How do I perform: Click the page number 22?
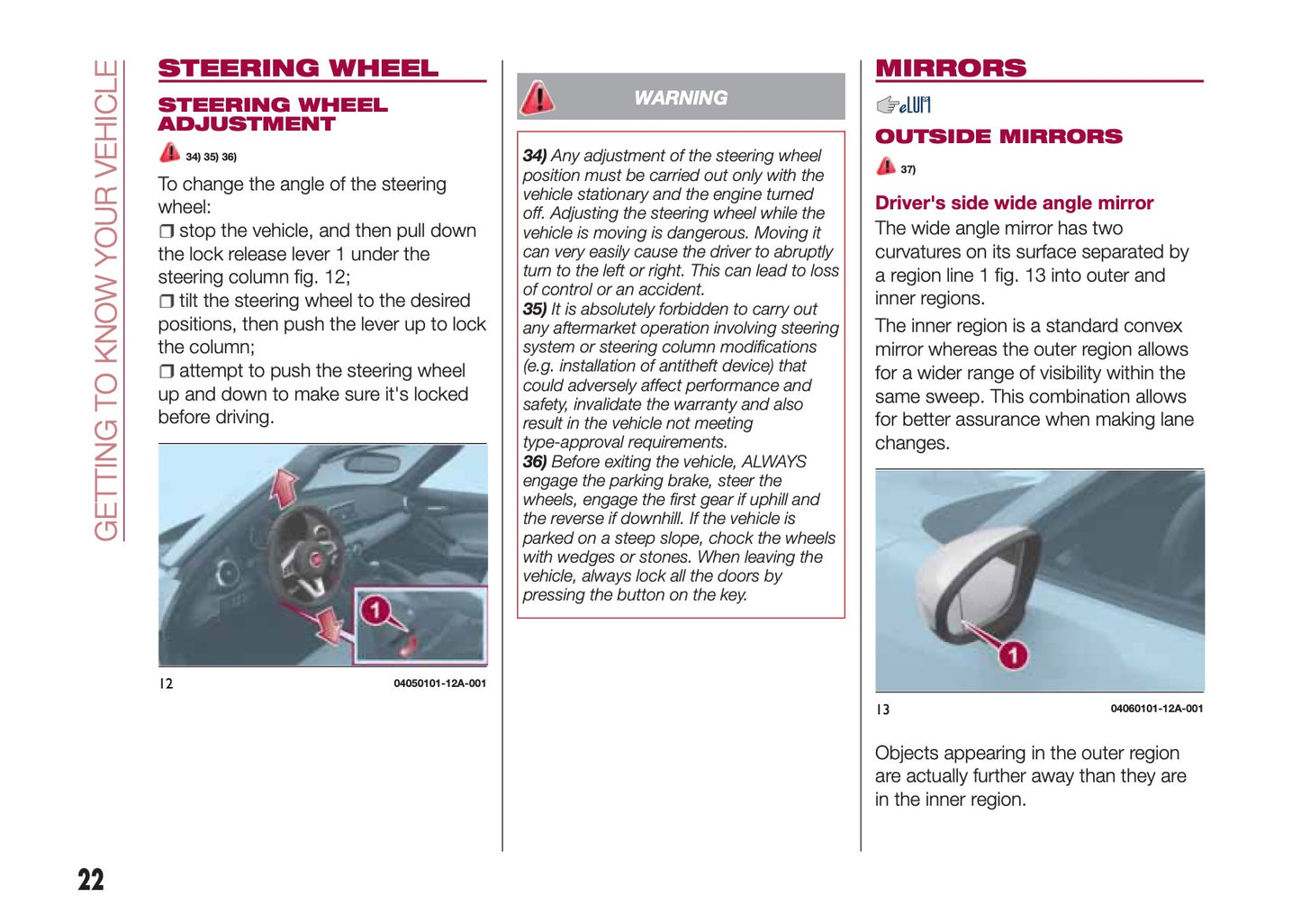click(91, 879)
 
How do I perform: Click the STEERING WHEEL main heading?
click(298, 68)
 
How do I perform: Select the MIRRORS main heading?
click(950, 68)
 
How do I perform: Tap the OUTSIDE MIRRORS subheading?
click(998, 137)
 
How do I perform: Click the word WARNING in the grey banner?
click(681, 98)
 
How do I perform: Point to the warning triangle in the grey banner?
click(538, 97)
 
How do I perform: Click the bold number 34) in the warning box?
click(535, 156)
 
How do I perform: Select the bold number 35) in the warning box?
click(535, 309)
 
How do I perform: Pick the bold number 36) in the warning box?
click(535, 462)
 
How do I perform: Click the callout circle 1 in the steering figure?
click(375, 611)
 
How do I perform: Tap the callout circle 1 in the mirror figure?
click(1013, 655)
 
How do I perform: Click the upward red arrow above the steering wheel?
click(285, 488)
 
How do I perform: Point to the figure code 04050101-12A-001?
click(439, 683)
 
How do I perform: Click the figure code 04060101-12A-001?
click(1156, 709)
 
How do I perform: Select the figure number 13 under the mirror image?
click(883, 710)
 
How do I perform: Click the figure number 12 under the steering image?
click(166, 683)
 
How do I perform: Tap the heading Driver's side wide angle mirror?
click(1014, 204)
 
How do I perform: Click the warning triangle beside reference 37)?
click(886, 167)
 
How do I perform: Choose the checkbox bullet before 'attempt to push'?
click(167, 372)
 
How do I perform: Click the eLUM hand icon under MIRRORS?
click(903, 105)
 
